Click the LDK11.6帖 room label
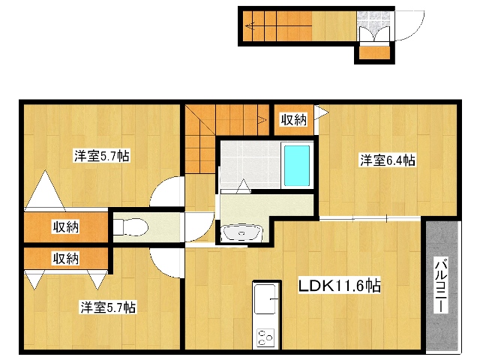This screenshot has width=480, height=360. point(340,286)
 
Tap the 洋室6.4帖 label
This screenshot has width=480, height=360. point(388,160)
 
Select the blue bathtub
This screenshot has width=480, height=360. point(297,166)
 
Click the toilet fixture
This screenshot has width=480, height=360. point(131,227)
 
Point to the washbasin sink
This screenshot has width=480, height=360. point(241,232)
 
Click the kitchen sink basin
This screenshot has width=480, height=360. point(265,299)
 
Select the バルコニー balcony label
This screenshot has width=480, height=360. point(441,285)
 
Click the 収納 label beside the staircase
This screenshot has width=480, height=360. point(294,120)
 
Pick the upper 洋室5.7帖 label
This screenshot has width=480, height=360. point(102,156)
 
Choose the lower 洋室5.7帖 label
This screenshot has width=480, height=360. point(108,307)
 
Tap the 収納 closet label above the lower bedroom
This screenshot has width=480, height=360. point(66,259)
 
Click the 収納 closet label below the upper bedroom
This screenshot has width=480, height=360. point(66,226)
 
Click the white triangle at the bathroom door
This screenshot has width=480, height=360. point(244,186)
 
